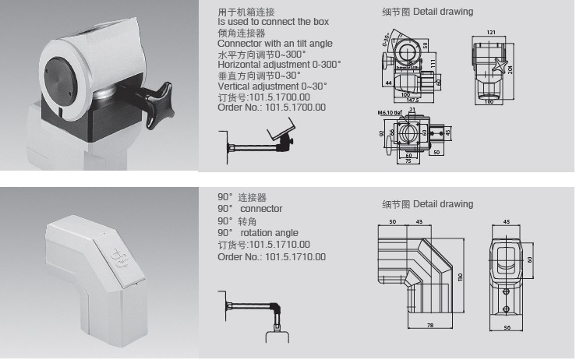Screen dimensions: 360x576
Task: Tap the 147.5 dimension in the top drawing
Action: (x=412, y=99)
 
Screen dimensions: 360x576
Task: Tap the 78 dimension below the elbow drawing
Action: (x=429, y=323)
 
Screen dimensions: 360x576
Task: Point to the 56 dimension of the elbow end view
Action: (x=506, y=327)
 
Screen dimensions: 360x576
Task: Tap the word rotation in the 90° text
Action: (x=258, y=232)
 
